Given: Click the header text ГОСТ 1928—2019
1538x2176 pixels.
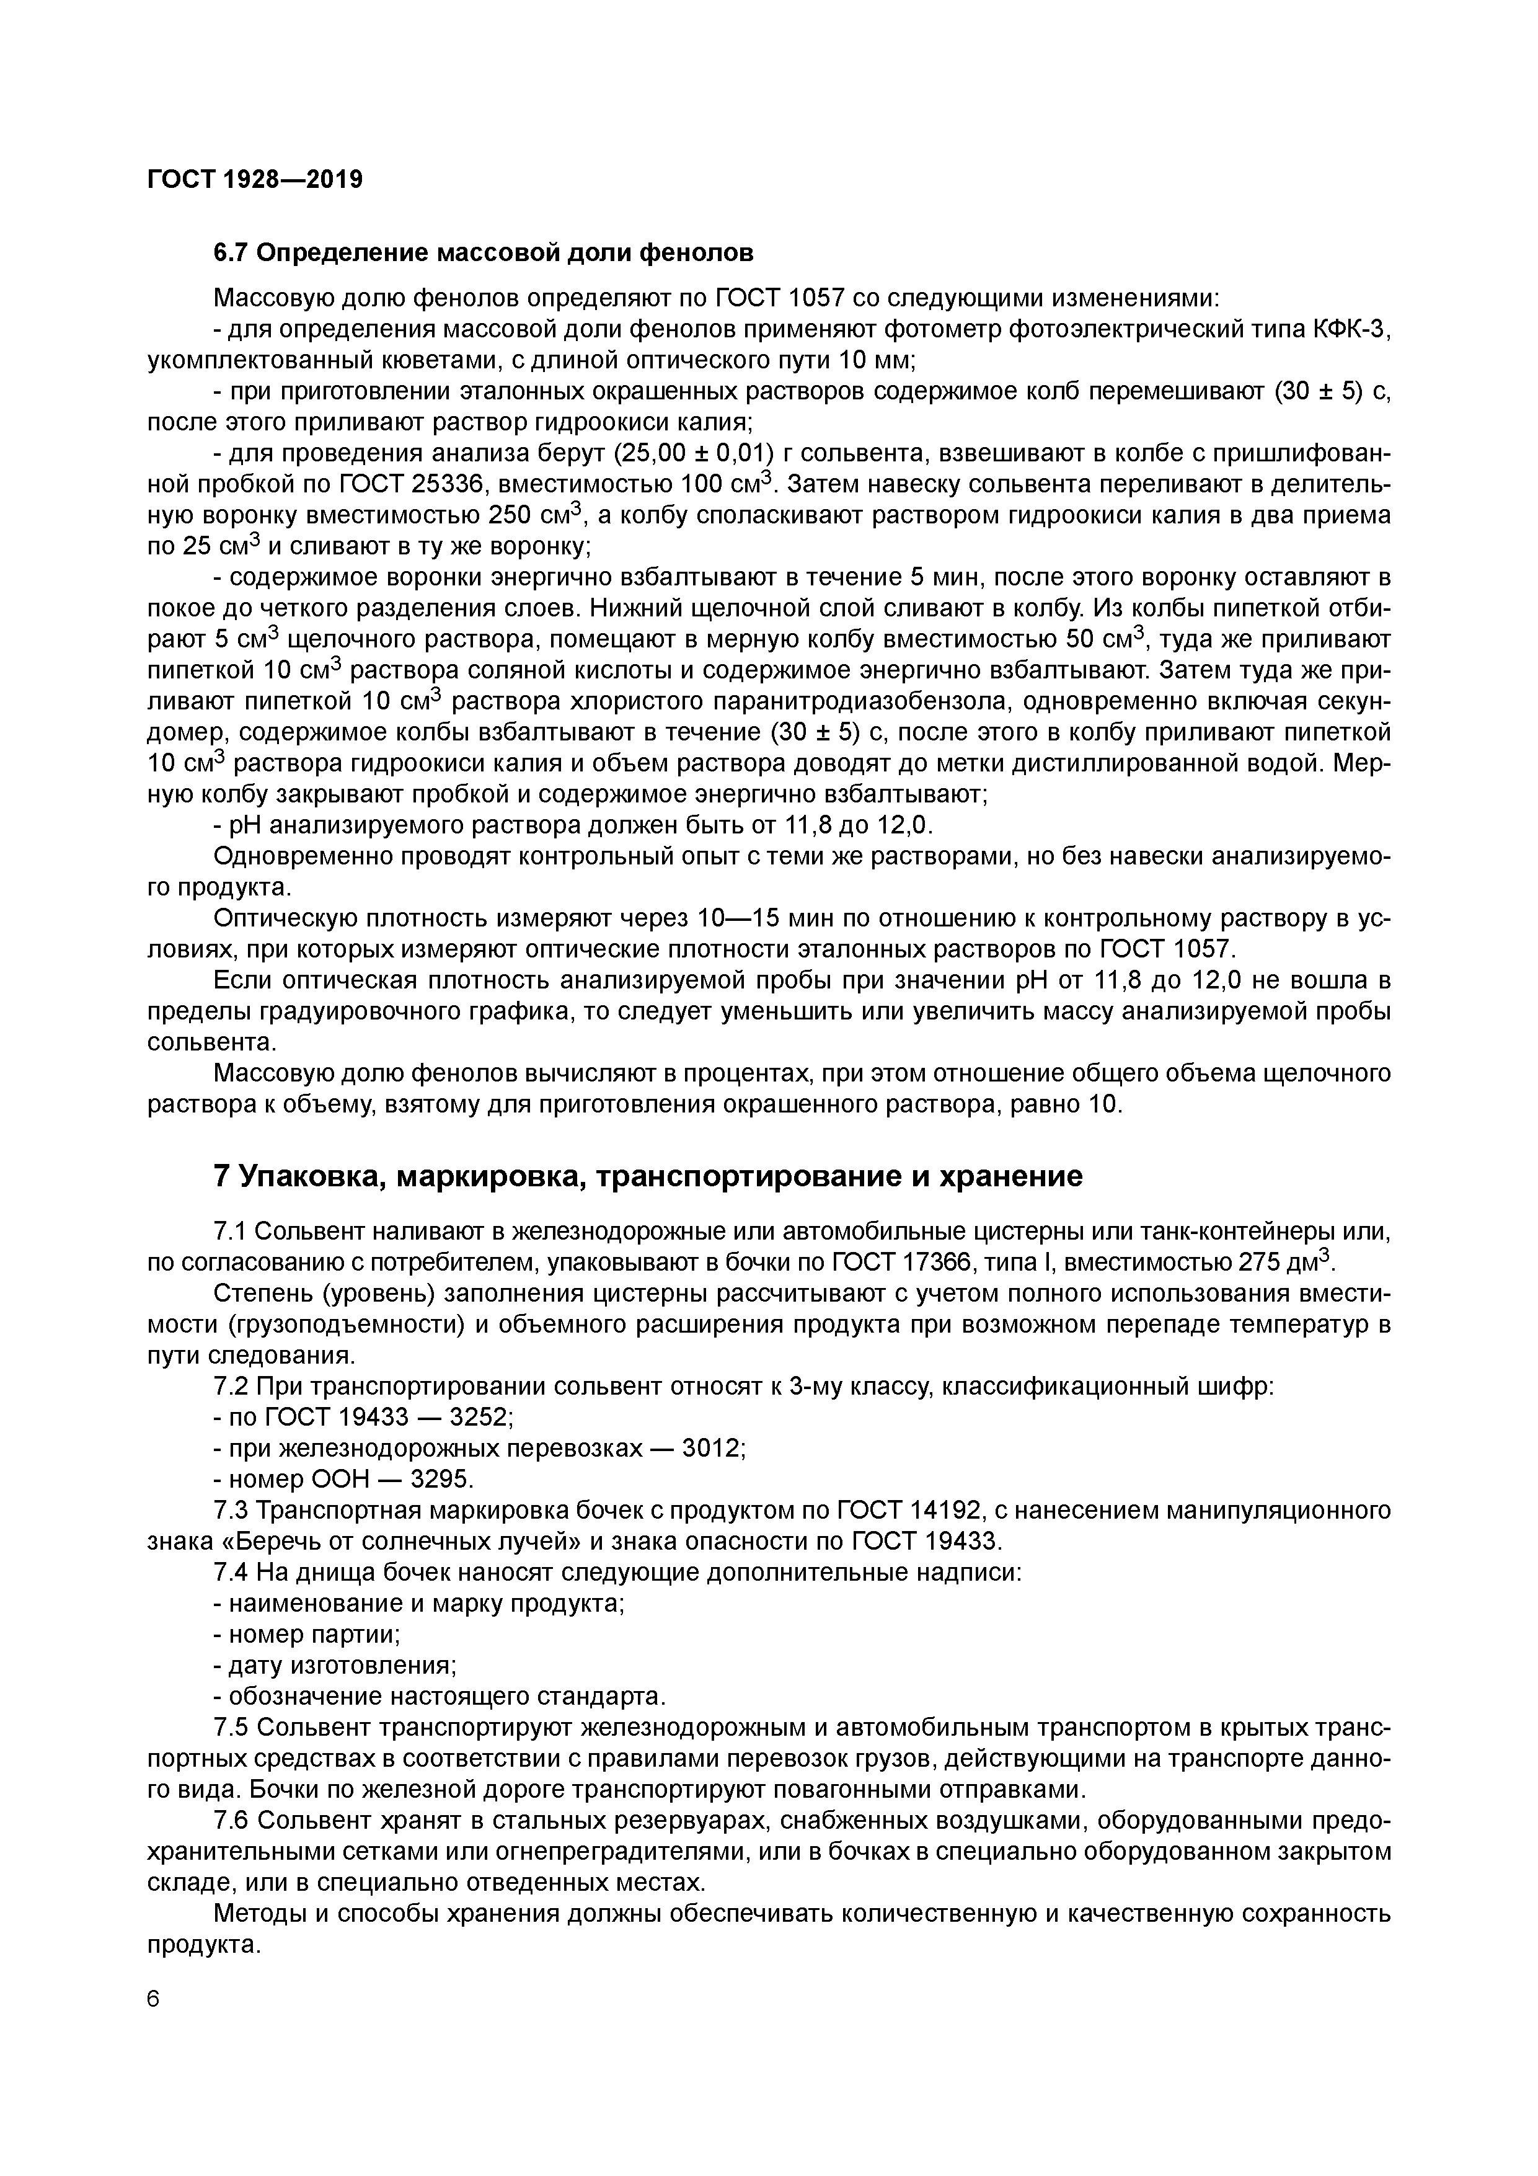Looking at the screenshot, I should (255, 179).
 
